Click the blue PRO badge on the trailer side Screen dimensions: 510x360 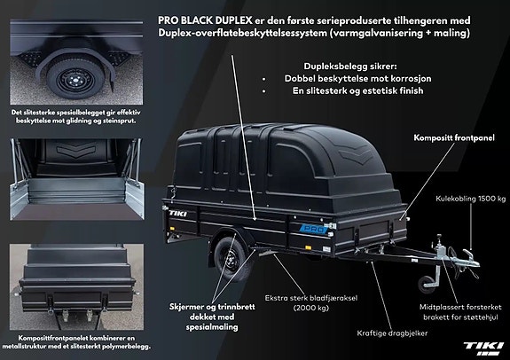click(x=315, y=229)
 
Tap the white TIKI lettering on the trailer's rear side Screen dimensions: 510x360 click(x=178, y=214)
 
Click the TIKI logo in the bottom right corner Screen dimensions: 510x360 click(x=483, y=348)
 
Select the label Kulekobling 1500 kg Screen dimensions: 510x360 click(x=471, y=199)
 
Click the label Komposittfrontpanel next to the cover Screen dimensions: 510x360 click(x=454, y=137)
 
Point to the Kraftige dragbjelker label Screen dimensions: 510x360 click(x=392, y=333)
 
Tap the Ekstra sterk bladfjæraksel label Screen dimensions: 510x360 click(x=311, y=302)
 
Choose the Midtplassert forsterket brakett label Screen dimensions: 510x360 click(x=460, y=312)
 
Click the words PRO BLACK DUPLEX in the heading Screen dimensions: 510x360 click(x=205, y=20)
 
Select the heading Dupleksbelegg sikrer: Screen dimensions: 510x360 click(x=350, y=67)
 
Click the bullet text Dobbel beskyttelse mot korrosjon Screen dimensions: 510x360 click(x=357, y=78)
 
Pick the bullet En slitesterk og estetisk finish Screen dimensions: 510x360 click(x=357, y=90)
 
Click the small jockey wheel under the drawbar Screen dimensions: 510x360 click(x=426, y=285)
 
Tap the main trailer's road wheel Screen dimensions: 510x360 click(x=230, y=259)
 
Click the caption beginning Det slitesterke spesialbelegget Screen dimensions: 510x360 click(x=75, y=116)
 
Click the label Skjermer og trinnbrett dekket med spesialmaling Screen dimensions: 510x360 click(x=212, y=317)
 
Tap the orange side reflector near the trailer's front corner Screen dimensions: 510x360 click(x=307, y=247)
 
